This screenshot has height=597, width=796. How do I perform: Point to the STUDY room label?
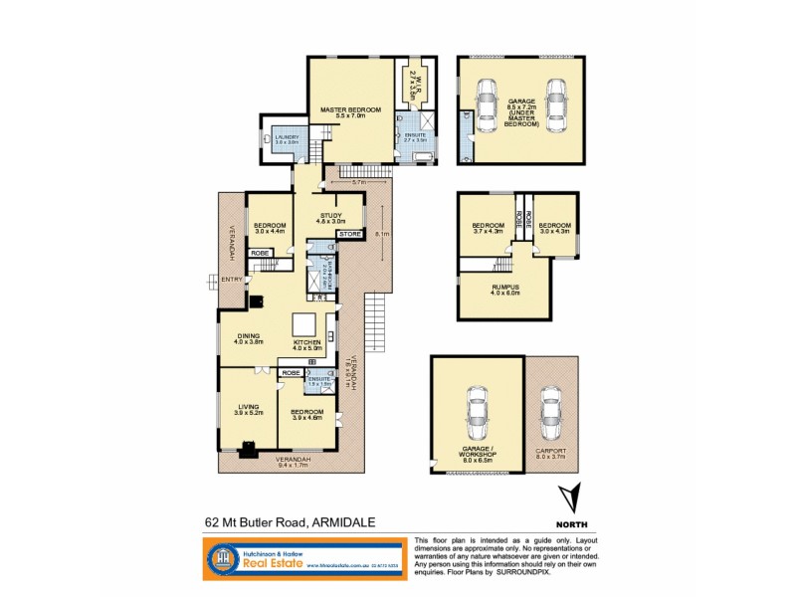coord(330,218)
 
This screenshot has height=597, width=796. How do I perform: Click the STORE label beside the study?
coord(349,235)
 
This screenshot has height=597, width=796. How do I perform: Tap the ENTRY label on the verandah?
coord(231,280)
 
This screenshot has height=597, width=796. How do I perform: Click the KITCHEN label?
coord(307,343)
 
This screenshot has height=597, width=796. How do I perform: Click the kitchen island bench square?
coord(302,324)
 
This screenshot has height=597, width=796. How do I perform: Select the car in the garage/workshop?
coord(478,411)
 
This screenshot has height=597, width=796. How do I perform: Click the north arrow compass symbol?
coord(569,497)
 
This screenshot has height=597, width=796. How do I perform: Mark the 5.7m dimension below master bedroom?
coord(359,183)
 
